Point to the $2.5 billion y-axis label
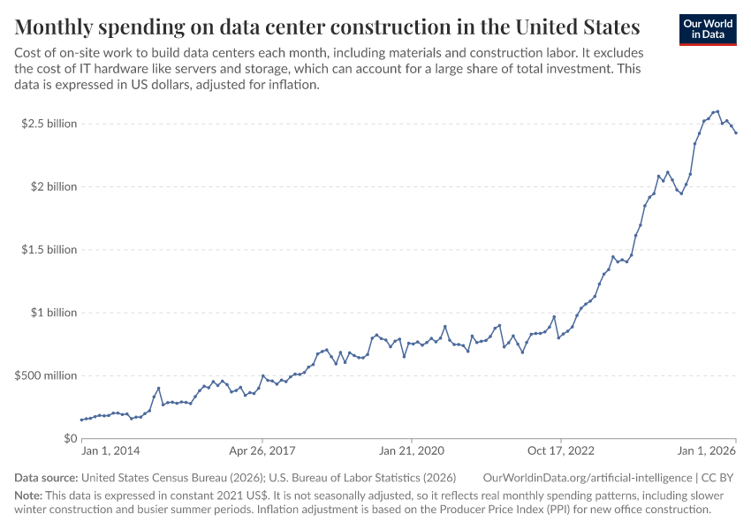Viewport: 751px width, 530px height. point(49,124)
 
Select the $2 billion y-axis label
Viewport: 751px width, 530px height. point(55,186)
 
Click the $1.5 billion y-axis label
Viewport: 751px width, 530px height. point(49,250)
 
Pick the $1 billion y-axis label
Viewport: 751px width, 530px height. point(55,313)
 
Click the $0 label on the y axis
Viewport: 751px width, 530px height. point(70,438)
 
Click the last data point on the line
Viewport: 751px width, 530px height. point(736,132)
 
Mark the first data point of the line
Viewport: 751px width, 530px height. point(81,420)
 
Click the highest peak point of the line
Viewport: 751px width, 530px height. point(717,111)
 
